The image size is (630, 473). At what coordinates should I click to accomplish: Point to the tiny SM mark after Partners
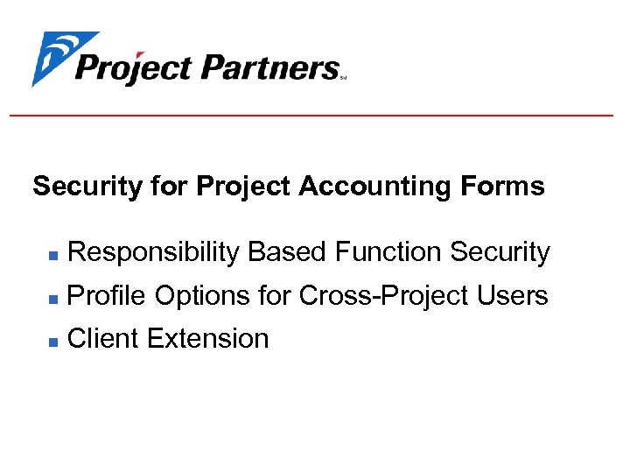click(343, 77)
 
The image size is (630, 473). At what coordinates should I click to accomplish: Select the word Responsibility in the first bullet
click(153, 252)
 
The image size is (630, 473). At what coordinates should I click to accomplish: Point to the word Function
click(388, 252)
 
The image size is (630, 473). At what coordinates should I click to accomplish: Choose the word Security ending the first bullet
click(500, 252)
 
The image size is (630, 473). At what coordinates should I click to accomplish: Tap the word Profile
click(107, 296)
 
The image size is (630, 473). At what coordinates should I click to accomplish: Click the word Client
click(103, 338)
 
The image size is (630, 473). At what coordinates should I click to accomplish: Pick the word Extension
click(207, 338)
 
